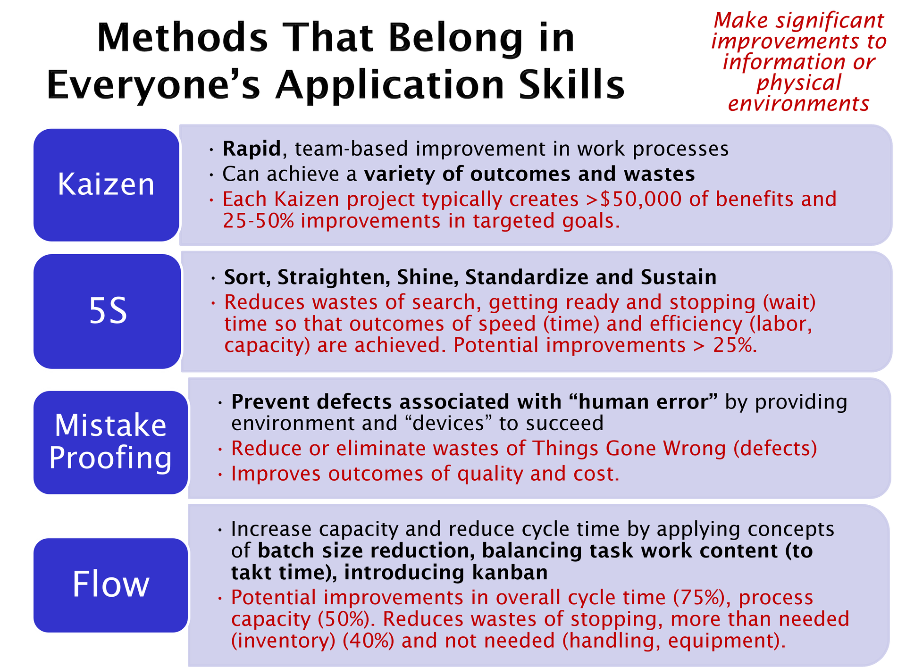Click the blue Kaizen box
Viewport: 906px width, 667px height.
(x=106, y=184)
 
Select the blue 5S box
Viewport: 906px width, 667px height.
(x=107, y=311)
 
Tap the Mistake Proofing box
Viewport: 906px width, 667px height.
(x=110, y=442)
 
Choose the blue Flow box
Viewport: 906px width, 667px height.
(x=110, y=585)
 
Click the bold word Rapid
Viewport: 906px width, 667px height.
(x=252, y=149)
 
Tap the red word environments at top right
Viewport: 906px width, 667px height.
(x=798, y=104)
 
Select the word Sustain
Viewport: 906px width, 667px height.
(x=679, y=277)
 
